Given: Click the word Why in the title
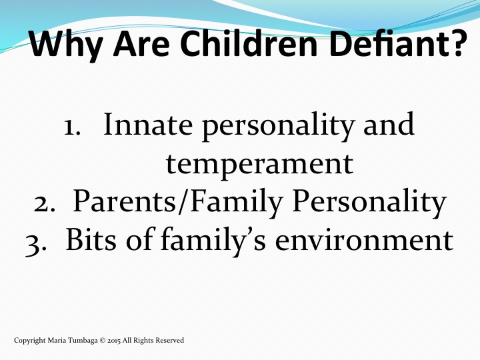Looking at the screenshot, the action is [x=67, y=45].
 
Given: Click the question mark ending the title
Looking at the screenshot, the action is [x=456, y=43].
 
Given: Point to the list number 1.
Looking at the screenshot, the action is [x=73, y=127].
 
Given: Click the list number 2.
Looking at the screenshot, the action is [x=45, y=204].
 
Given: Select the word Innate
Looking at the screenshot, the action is [x=148, y=124].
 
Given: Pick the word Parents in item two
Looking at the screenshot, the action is [x=124, y=201].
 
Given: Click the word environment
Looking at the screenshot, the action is [x=364, y=240].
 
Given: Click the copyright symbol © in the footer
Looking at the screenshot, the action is [x=103, y=341].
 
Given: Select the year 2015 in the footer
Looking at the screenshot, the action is [x=114, y=341].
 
